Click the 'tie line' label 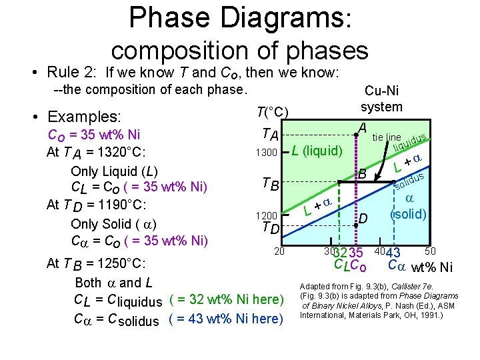[x=387, y=137]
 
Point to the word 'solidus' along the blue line [x=409, y=180]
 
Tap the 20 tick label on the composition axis [x=279, y=251]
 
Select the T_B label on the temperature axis [x=270, y=183]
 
